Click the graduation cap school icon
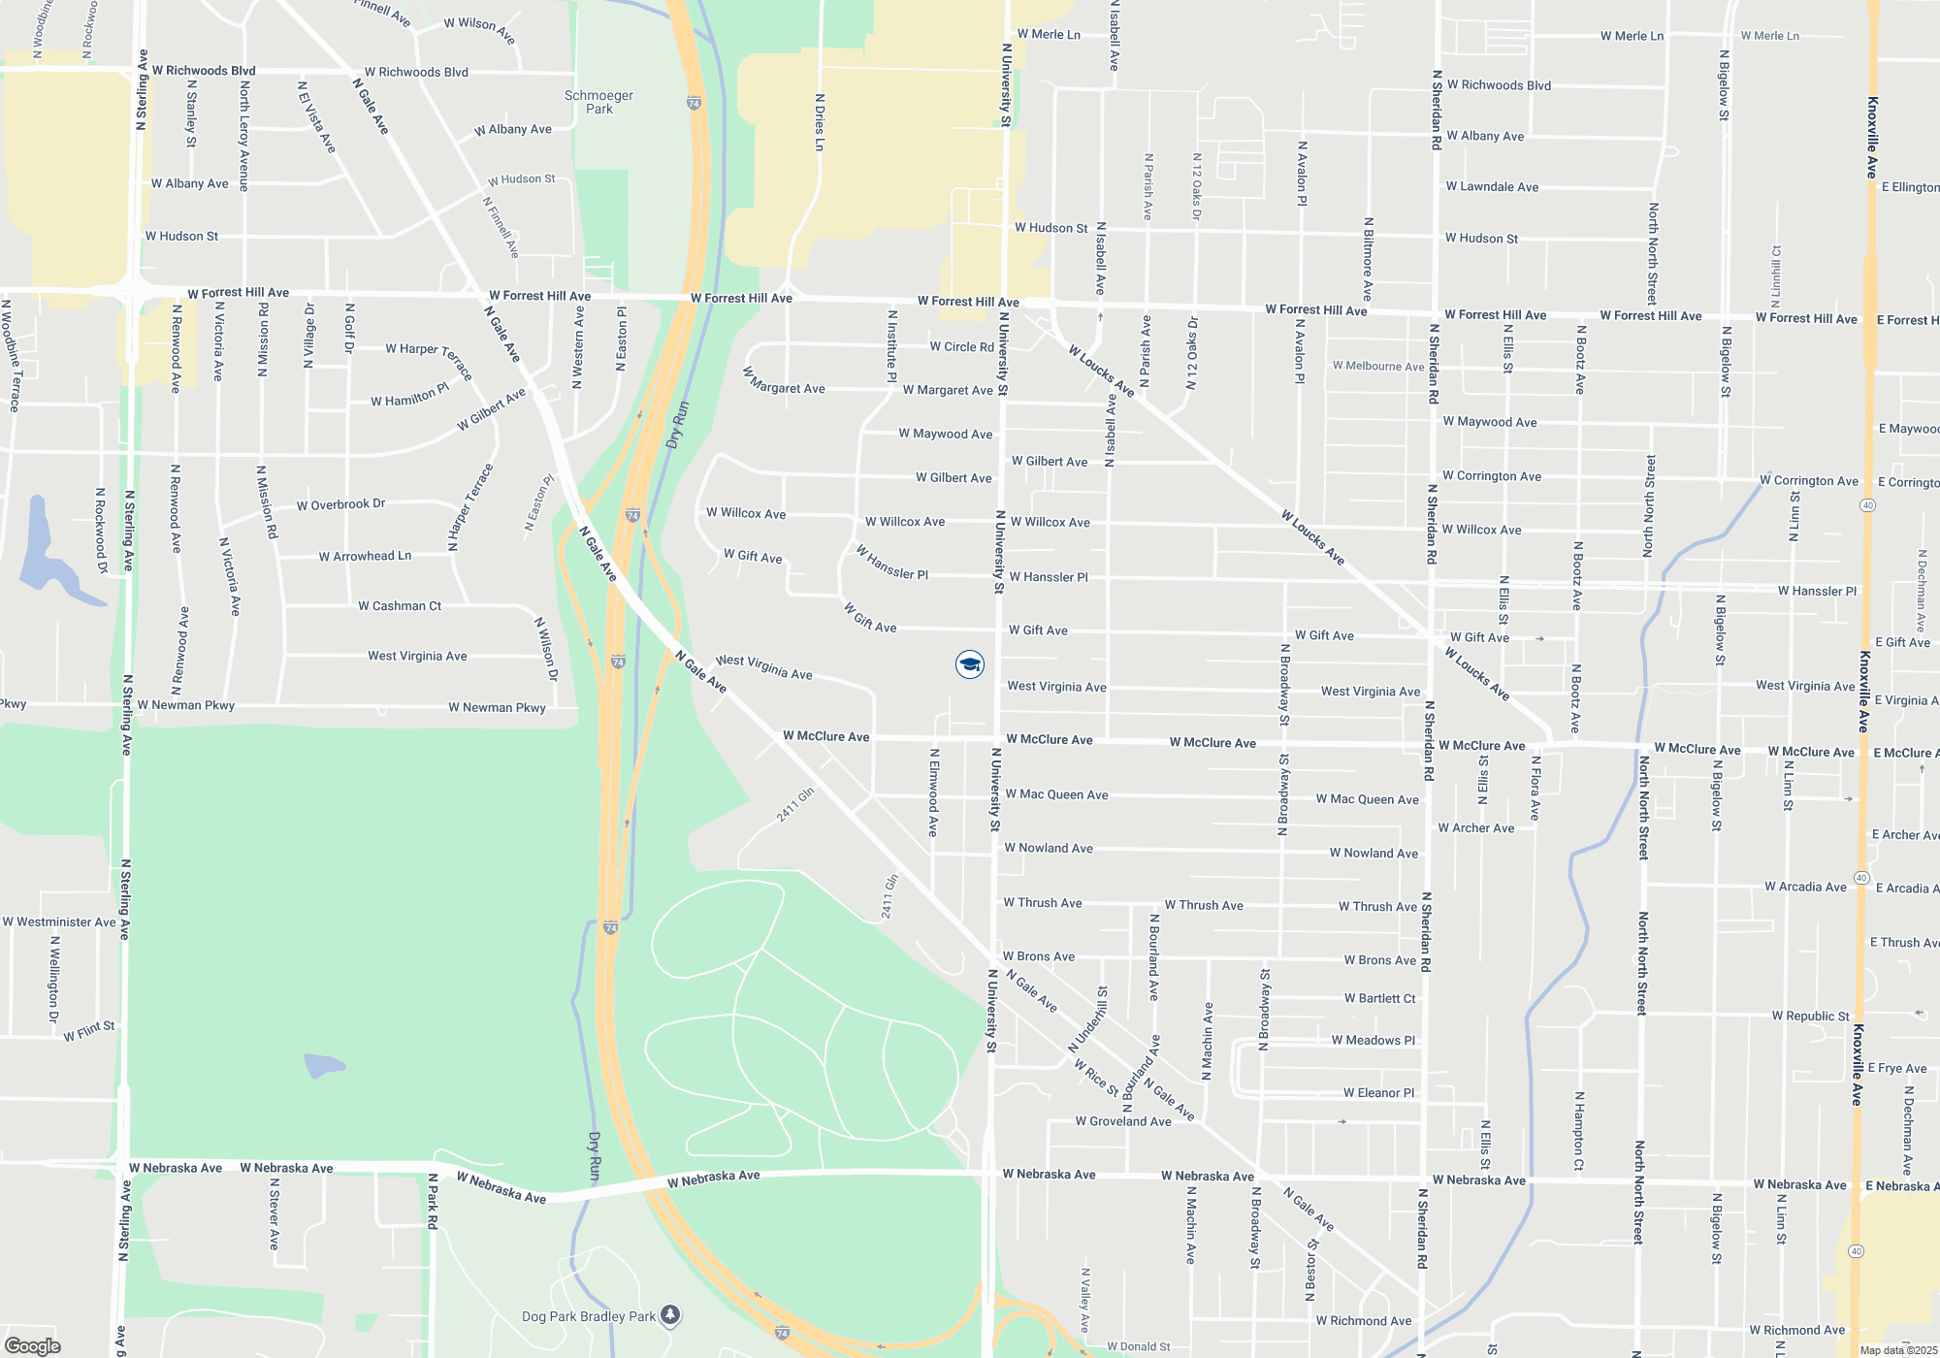point(969,664)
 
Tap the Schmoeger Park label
point(598,102)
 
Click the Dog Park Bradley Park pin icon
point(670,1315)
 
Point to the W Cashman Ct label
point(400,606)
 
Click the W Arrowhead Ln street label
point(365,556)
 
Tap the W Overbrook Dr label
point(340,504)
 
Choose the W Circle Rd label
point(961,346)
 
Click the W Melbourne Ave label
point(1377,366)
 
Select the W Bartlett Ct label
point(1379,998)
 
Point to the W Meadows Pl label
point(1373,1040)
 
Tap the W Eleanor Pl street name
point(1378,1092)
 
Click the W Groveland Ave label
point(1122,1121)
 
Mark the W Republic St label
point(1810,1016)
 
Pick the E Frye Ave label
point(1896,1068)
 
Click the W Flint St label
point(89,1031)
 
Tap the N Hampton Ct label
point(1579,1131)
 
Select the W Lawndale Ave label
point(1492,186)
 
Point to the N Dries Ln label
point(820,122)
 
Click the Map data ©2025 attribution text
point(1898,1350)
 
